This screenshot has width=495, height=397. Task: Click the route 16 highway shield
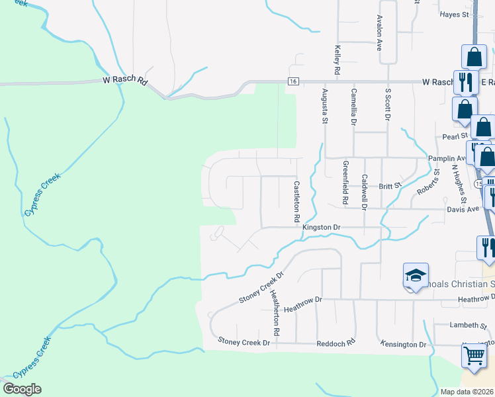pyautogui.click(x=293, y=81)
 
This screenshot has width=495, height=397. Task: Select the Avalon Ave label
pyautogui.click(x=379, y=34)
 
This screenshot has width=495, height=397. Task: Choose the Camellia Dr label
pyautogui.click(x=353, y=107)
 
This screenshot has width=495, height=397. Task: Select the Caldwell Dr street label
pyautogui.click(x=364, y=191)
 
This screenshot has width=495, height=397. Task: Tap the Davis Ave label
pyautogui.click(x=463, y=209)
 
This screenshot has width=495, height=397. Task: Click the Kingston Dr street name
pyautogui.click(x=321, y=227)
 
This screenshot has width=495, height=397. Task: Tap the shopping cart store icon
pyautogui.click(x=474, y=355)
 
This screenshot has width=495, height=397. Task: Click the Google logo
pyautogui.click(x=22, y=389)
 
